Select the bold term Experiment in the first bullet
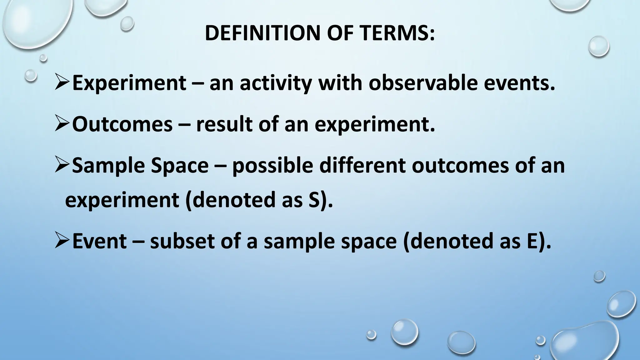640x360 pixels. tap(129, 83)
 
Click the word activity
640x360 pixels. tap(276, 84)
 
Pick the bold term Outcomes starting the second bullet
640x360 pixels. tap(122, 124)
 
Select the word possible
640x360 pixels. tap(272, 166)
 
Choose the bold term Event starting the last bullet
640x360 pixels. tap(99, 241)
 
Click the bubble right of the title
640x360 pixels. tap(598, 47)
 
